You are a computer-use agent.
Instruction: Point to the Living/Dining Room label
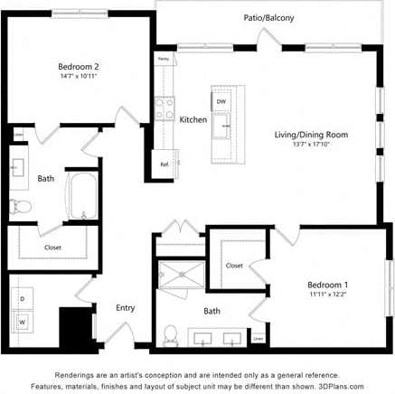(312, 135)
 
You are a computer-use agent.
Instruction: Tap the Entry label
(125, 308)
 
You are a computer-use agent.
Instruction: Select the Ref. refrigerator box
(165, 164)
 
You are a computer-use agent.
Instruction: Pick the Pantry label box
(164, 60)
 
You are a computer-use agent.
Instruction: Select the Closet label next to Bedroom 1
(234, 266)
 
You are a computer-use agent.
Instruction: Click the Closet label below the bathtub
(53, 247)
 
